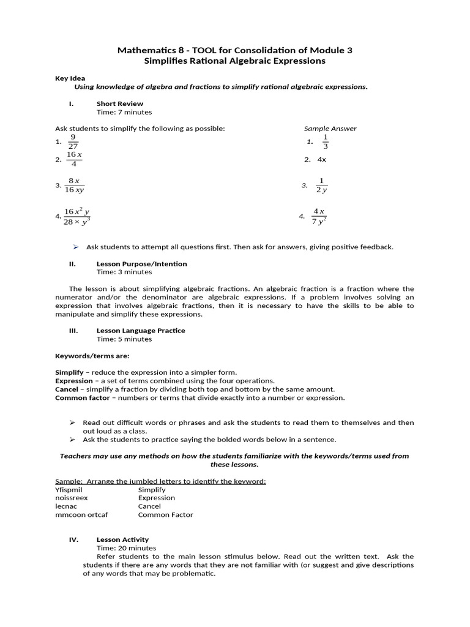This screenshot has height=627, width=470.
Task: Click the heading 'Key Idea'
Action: (70, 78)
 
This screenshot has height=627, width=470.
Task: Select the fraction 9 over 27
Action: (73, 141)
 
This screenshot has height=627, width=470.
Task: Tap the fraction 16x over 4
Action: (74, 159)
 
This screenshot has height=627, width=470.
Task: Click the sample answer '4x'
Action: (321, 159)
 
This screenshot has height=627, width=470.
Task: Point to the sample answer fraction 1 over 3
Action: (325, 141)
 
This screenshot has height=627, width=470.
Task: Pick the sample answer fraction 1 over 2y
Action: (321, 186)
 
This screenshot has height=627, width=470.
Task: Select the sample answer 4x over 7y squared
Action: (319, 216)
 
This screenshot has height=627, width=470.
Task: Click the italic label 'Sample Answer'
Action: (330, 129)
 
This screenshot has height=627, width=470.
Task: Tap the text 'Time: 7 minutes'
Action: (124, 112)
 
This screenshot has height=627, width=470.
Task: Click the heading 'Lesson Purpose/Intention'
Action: (141, 264)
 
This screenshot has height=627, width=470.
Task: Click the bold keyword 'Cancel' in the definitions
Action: (67, 389)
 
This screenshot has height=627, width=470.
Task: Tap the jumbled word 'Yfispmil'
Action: (69, 490)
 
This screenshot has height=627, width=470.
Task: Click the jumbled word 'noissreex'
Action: (72, 498)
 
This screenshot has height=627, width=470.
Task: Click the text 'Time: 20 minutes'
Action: (126, 548)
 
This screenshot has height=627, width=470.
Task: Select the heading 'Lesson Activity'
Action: (122, 539)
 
